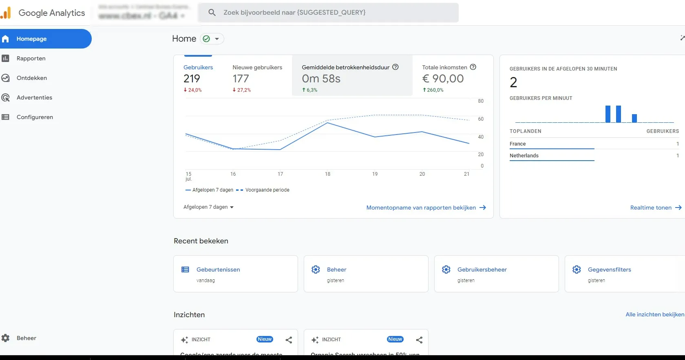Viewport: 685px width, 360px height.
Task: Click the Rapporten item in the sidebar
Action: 31,58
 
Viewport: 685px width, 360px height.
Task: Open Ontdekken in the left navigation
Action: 31,78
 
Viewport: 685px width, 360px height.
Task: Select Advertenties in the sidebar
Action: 34,97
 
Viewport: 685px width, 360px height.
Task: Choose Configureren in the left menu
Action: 35,117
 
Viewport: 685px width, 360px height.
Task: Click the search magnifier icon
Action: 212,13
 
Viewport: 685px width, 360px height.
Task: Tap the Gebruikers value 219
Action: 192,79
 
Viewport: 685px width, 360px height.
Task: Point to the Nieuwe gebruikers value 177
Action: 241,79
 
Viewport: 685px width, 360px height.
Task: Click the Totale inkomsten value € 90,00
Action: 443,79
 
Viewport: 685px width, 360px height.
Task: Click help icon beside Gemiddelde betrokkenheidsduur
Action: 395,67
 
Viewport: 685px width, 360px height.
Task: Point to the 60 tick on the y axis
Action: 481,119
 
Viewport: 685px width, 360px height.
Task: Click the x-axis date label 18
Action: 327,174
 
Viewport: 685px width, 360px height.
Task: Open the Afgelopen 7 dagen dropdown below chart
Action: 208,207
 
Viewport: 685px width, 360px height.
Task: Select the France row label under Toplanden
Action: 517,144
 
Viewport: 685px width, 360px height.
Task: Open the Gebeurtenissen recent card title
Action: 218,269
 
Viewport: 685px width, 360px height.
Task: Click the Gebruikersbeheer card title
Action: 482,269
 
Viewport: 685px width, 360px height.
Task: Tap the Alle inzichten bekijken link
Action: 654,314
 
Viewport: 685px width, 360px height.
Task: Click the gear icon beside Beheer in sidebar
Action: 5,338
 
